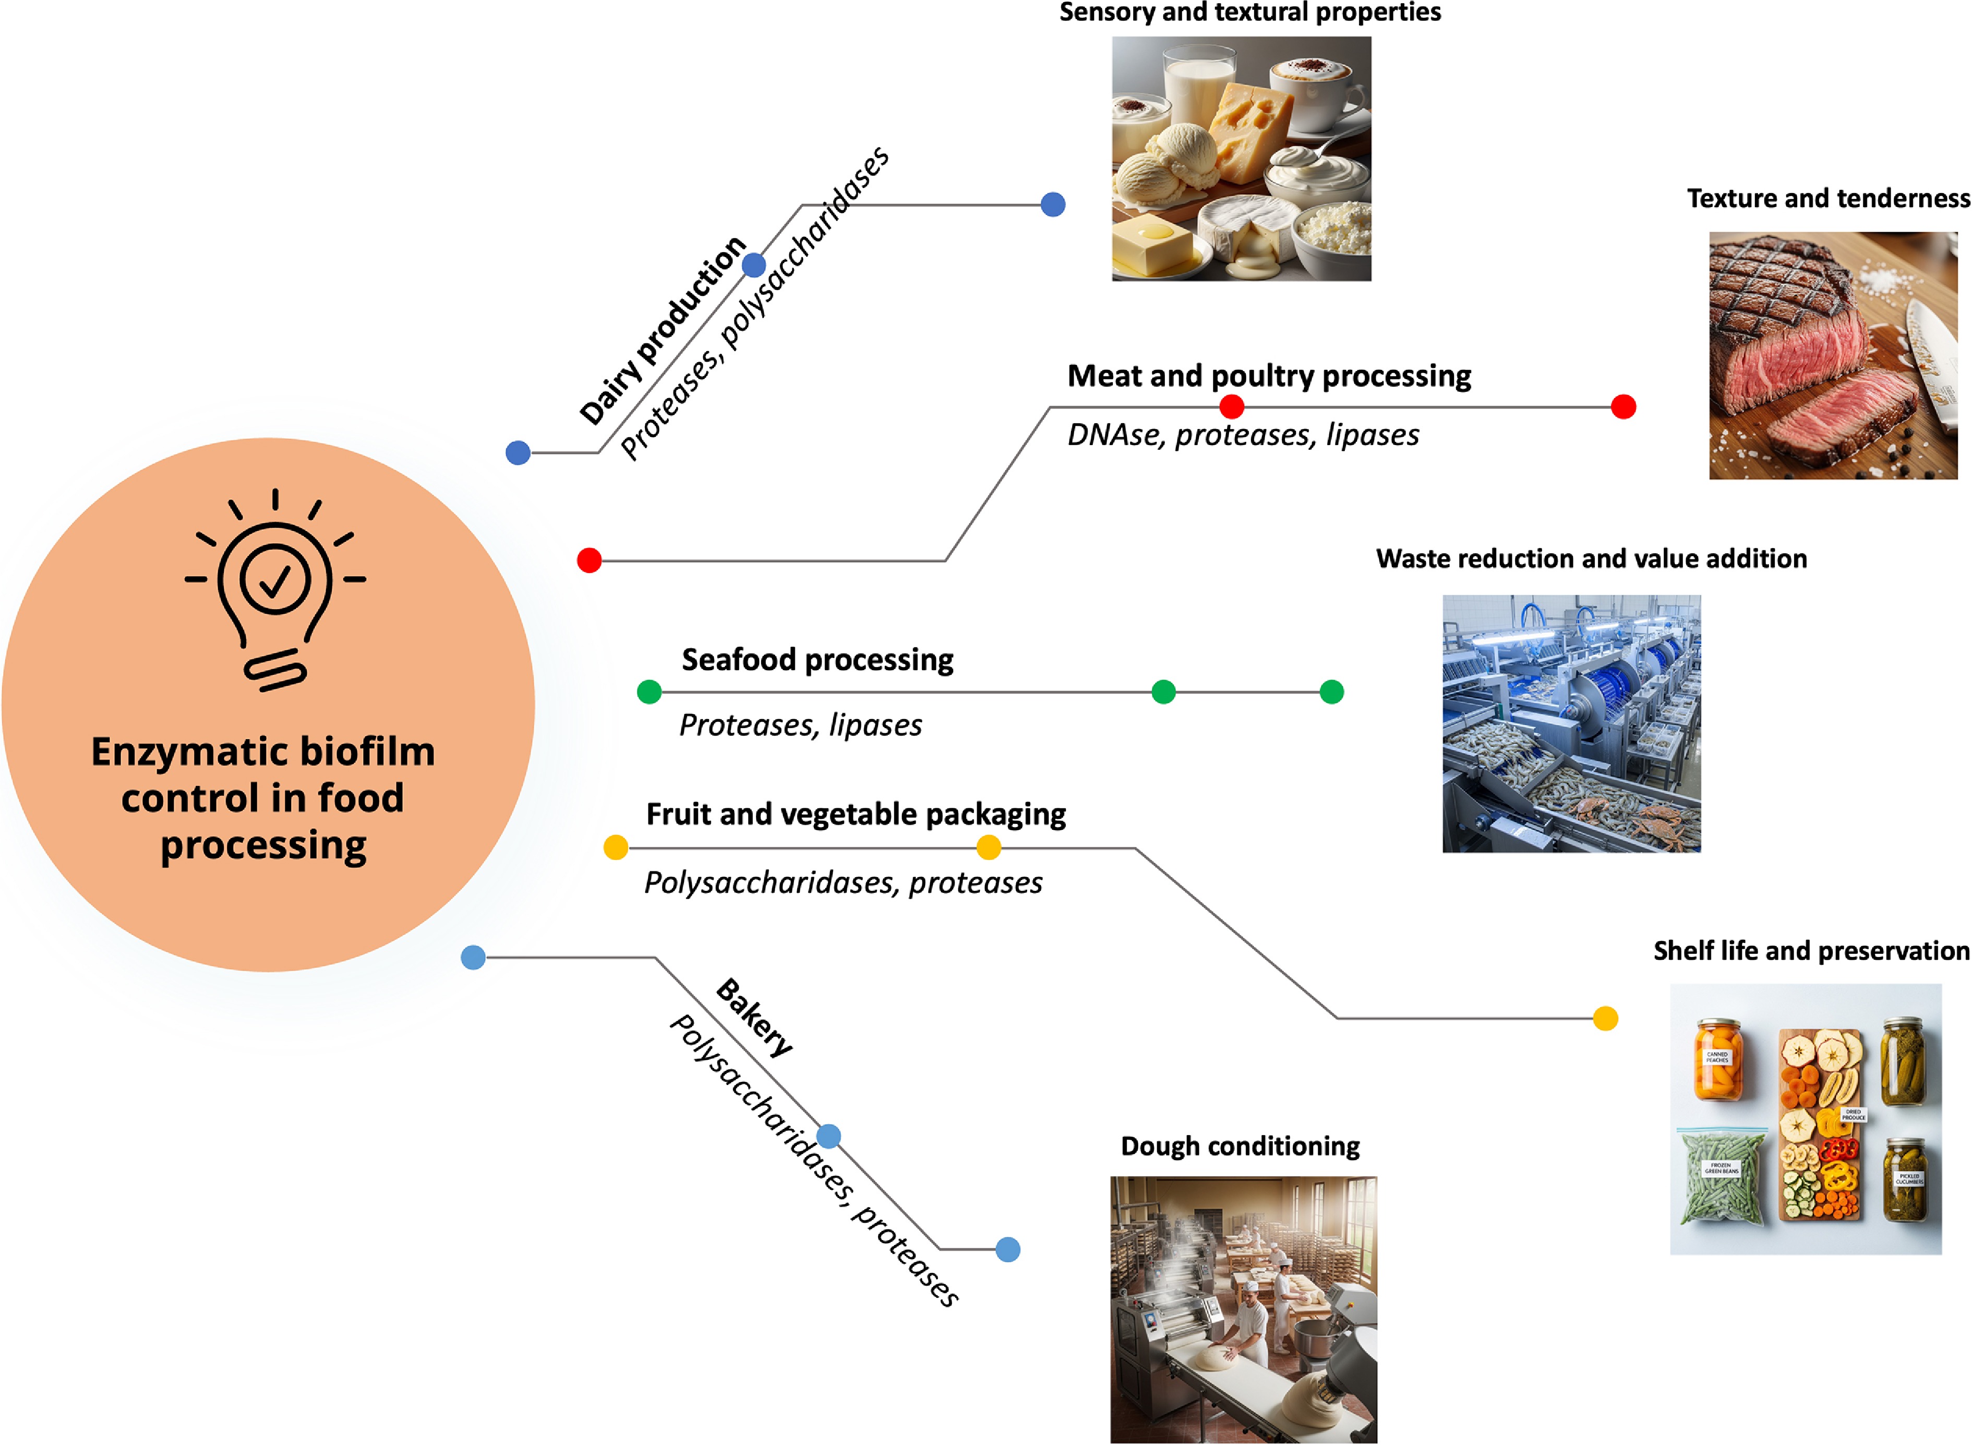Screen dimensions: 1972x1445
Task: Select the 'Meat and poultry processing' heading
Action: click(1269, 376)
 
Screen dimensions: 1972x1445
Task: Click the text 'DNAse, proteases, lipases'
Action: click(1243, 435)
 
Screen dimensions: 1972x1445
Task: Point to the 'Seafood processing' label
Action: click(817, 660)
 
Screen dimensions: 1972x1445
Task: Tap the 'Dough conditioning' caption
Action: click(1240, 1146)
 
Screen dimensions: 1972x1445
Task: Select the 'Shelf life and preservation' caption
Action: click(1811, 951)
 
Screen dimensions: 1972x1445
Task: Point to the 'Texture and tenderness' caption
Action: click(1829, 198)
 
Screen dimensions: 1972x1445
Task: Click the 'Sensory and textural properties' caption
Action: click(1249, 12)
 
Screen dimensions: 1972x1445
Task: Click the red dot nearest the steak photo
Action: click(1623, 407)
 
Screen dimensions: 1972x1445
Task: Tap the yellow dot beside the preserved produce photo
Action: click(1606, 1018)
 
